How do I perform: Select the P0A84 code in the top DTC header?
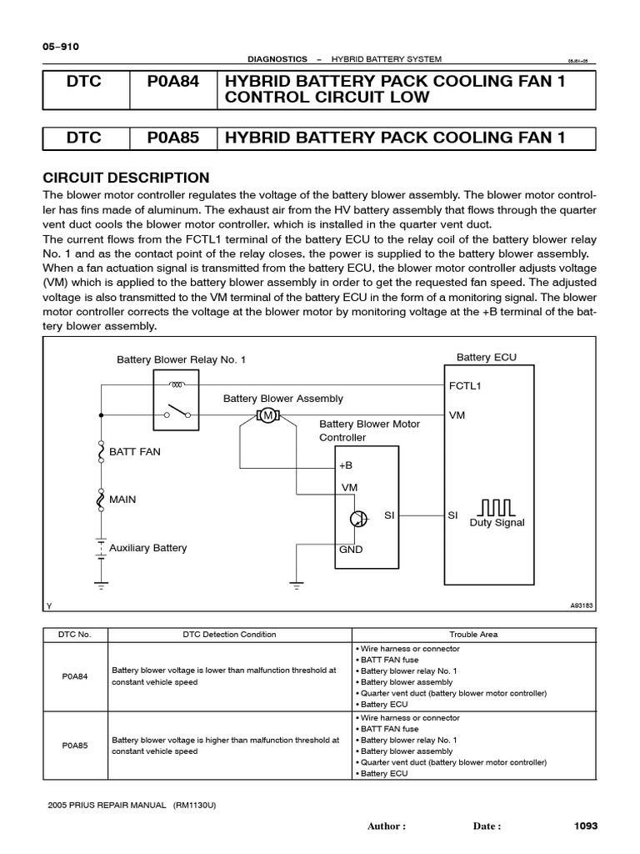(173, 83)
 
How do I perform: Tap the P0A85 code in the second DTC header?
(173, 138)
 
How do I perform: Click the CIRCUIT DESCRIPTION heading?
(126, 178)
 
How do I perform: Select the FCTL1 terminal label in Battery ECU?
(465, 387)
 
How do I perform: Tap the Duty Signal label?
(497, 523)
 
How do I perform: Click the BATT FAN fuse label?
(134, 451)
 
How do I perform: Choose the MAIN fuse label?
(122, 499)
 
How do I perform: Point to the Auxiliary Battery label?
(148, 548)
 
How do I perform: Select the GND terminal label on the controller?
(350, 550)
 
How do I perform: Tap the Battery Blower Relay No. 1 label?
(181, 359)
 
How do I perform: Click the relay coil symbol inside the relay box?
(177, 384)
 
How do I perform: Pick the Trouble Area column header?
(473, 635)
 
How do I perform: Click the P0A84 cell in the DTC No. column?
(75, 676)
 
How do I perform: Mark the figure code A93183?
(580, 606)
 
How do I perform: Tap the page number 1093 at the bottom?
(587, 826)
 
